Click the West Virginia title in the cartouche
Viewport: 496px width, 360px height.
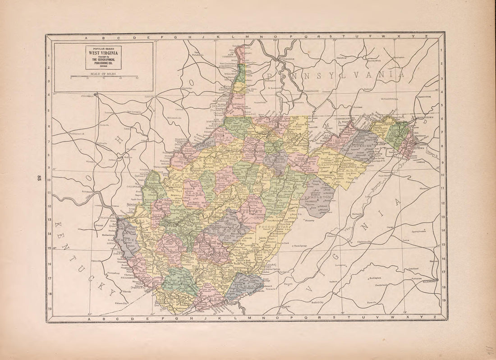[x=103, y=52]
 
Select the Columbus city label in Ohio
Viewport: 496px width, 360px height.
[x=89, y=96]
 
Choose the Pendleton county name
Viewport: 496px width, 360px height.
[x=319, y=197]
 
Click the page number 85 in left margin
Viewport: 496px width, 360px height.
[x=40, y=177]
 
